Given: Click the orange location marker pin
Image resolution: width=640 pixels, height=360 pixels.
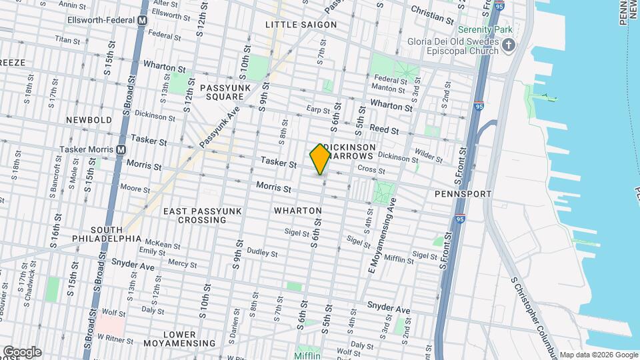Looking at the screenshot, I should tap(320, 159).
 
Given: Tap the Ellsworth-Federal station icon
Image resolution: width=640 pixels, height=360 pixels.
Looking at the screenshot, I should tap(142, 20).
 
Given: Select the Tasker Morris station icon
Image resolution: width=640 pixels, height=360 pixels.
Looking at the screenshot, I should tap(121, 149).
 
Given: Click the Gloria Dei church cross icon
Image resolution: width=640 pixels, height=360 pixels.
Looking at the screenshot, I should tap(509, 46).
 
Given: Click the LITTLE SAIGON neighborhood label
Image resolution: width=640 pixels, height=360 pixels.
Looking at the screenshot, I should tap(301, 25).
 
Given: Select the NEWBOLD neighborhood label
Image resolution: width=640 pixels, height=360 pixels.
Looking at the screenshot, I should tap(89, 119).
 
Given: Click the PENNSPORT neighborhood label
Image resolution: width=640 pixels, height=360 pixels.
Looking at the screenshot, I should tap(463, 193).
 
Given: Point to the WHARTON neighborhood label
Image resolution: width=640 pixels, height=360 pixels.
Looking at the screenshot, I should tap(297, 211).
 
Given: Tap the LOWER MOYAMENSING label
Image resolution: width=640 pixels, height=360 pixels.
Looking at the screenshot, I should tap(179, 339).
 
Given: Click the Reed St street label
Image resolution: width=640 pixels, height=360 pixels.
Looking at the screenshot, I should tap(385, 129).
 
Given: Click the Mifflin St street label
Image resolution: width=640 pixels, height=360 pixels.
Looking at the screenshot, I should tap(400, 258).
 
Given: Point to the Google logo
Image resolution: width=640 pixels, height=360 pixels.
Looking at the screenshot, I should tap(21, 352).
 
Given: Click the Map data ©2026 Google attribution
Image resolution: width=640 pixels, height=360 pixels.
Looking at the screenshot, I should tap(598, 355).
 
